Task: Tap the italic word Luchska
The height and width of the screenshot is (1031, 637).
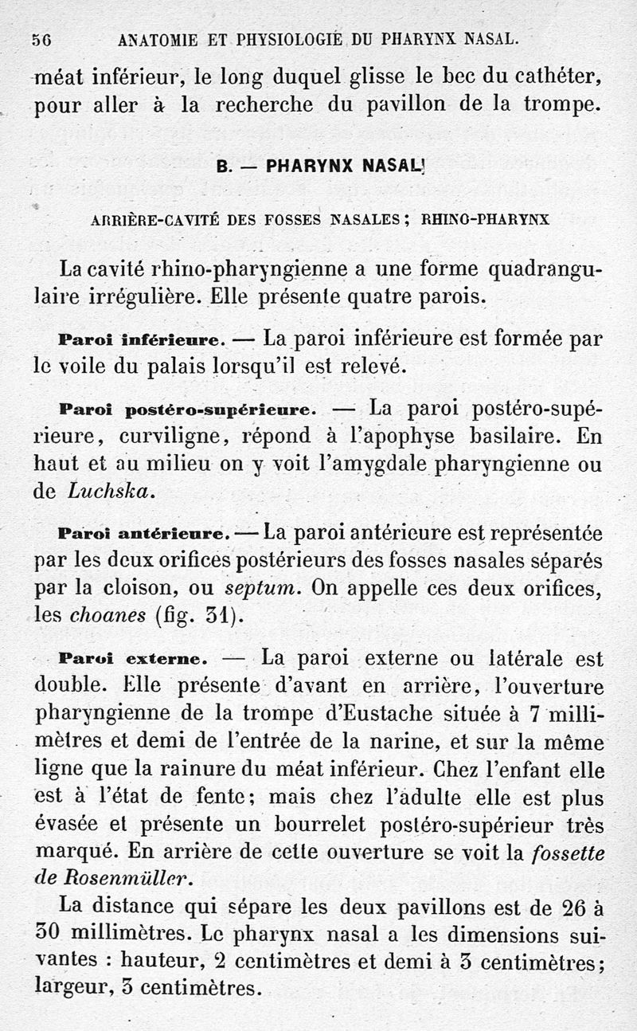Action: pos(111,492)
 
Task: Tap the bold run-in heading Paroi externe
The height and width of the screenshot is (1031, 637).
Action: pos(133,660)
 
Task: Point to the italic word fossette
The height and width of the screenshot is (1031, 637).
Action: pos(567,853)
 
